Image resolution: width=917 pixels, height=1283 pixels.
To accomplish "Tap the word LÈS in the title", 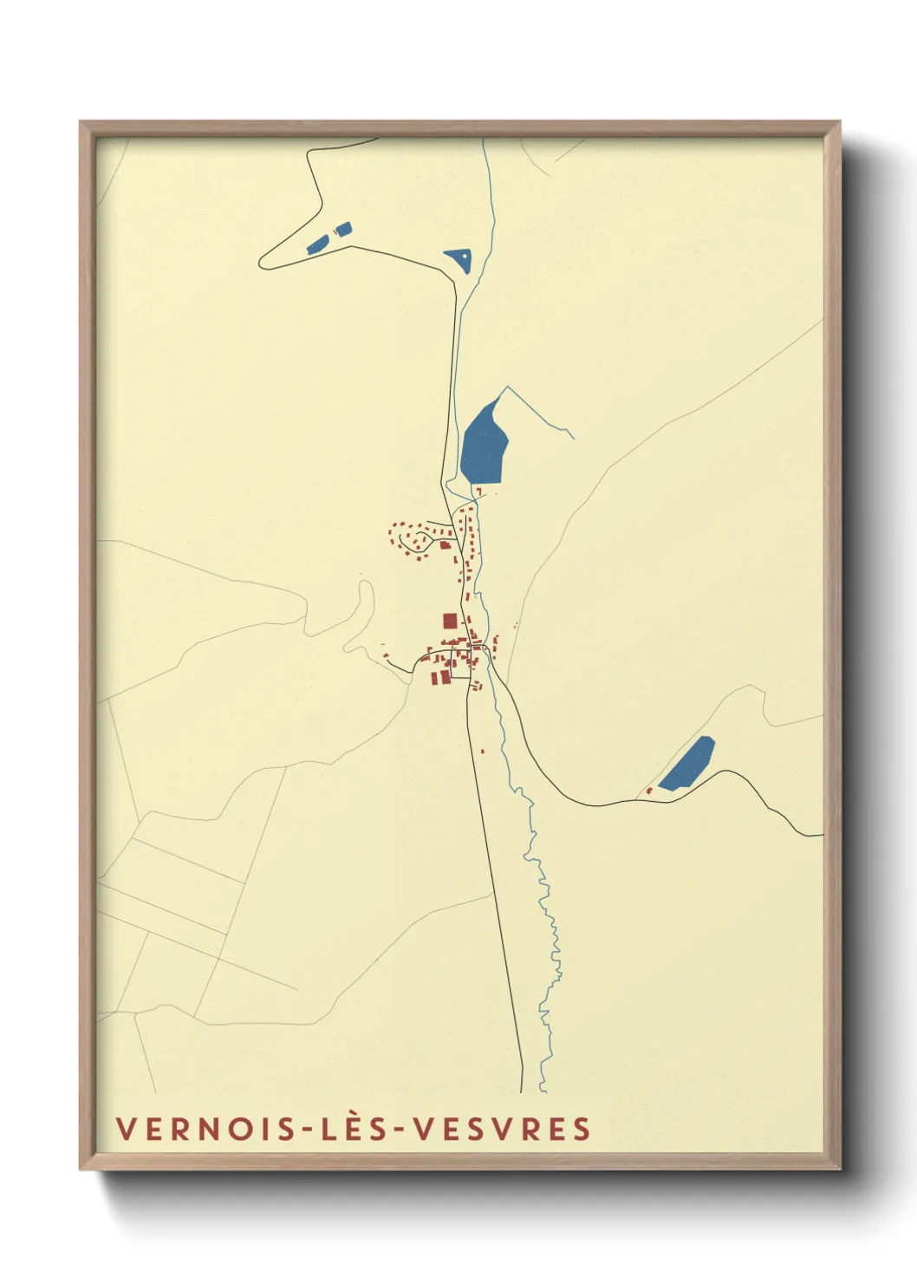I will pos(354,1129).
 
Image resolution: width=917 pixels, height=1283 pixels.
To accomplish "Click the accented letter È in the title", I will pos(354,1128).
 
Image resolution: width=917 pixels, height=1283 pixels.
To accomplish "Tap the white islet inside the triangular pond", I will pos(464,255).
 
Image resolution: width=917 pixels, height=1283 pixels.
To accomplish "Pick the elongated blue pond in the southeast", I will pos(687,763).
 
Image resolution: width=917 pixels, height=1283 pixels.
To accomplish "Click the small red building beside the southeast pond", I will pos(648,791).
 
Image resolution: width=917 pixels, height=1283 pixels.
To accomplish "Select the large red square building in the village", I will pos(449,621).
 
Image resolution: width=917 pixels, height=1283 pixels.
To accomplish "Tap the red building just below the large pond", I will pos(478,492).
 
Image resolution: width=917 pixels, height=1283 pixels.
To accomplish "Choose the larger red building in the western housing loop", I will pos(445,544).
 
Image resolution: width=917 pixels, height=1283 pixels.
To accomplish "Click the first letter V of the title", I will pos(124,1129).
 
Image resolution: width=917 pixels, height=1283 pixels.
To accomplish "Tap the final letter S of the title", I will pos(582,1129).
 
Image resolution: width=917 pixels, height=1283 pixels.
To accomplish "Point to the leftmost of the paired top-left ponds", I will pos(317,244).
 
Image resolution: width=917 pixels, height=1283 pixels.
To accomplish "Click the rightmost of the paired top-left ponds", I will pos(344,230).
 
